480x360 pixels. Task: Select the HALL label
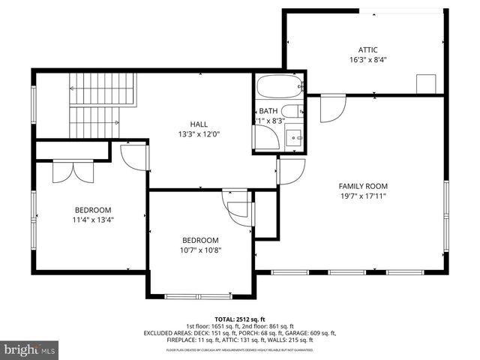tap(199, 124)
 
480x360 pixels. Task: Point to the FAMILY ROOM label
tap(363, 186)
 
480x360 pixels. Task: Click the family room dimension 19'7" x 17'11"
tap(363, 196)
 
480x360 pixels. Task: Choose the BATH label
tap(268, 110)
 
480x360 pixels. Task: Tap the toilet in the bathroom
tap(292, 113)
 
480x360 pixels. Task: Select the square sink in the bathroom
tap(295, 138)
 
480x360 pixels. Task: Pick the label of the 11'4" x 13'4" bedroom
tap(93, 210)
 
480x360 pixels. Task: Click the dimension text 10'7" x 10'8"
tap(201, 251)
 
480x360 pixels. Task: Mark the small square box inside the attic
tap(427, 83)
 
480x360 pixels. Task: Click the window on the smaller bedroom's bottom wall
tap(198, 295)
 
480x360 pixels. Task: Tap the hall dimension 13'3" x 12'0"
tap(199, 135)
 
